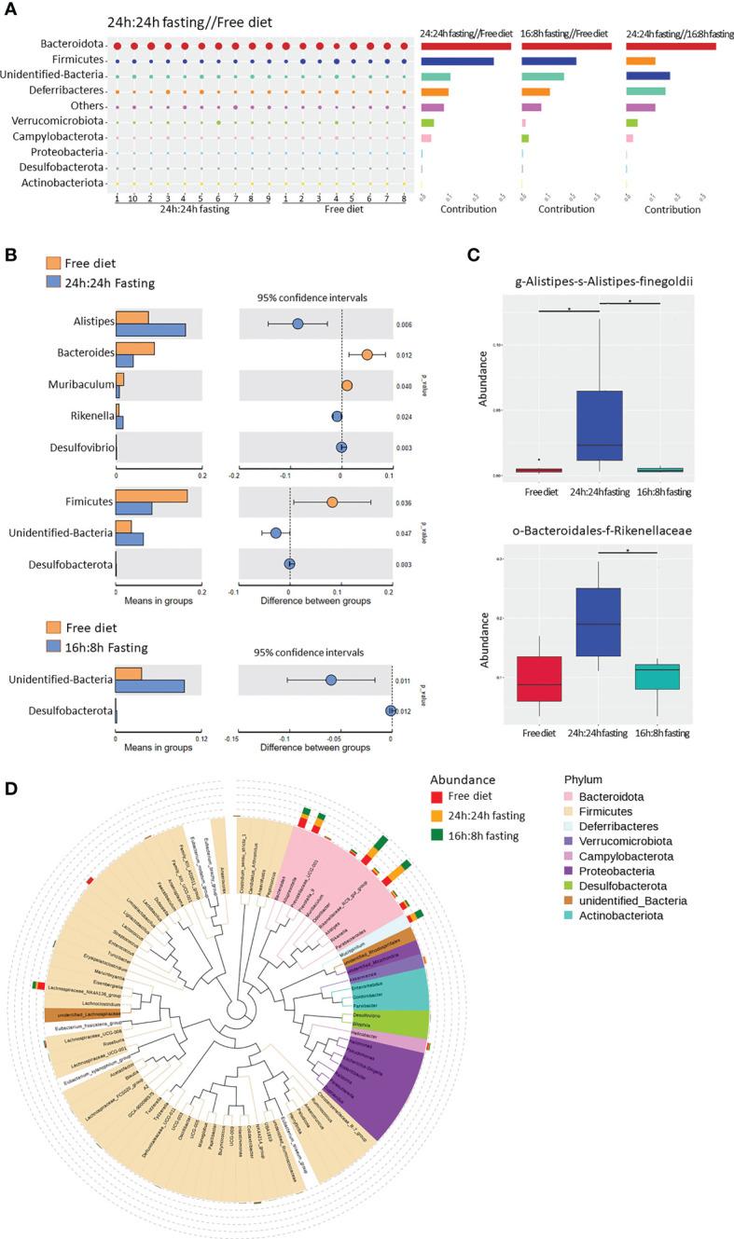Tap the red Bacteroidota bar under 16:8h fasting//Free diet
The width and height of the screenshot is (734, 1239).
click(x=566, y=46)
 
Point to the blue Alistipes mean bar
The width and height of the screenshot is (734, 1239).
click(x=150, y=330)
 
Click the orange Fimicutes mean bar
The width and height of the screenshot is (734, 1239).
click(x=151, y=496)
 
